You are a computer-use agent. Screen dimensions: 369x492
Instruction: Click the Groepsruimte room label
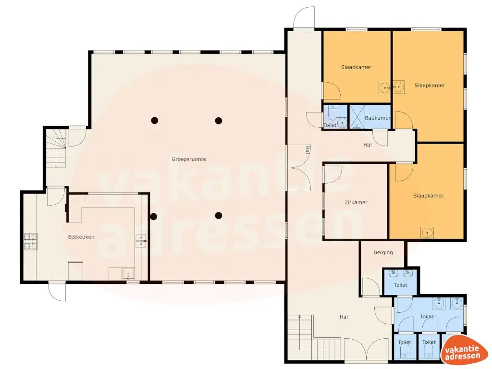[x=189, y=159]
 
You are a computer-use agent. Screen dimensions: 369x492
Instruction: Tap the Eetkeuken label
[x=80, y=237]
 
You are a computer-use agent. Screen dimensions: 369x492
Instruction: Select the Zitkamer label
[x=356, y=203]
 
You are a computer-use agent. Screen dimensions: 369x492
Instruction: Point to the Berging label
[x=383, y=253]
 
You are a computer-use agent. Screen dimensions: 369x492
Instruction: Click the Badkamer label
[x=377, y=118]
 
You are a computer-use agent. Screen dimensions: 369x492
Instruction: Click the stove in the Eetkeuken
[x=30, y=241]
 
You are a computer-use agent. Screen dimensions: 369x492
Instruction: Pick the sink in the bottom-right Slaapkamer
[x=427, y=233]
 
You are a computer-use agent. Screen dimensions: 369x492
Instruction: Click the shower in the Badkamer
[x=357, y=116]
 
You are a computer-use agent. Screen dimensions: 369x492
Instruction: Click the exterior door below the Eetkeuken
[x=57, y=292]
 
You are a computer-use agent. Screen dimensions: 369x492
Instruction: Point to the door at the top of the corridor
[x=304, y=19]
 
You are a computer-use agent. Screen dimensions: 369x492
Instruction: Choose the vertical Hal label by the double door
[x=307, y=149]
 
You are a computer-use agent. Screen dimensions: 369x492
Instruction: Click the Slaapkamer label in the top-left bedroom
[x=356, y=67]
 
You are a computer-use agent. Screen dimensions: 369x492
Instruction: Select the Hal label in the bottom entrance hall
[x=344, y=317]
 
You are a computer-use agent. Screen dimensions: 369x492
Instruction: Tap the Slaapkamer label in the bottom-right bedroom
[x=428, y=196]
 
